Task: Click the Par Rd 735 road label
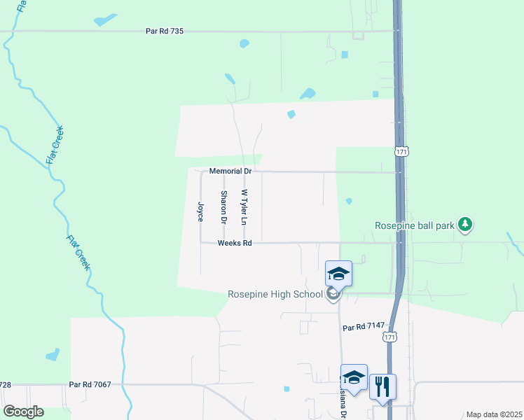[165, 31]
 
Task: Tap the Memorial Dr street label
[230, 171]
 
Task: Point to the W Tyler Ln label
[244, 207]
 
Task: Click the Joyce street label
[200, 212]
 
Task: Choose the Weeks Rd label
[234, 243]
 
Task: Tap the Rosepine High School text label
[275, 294]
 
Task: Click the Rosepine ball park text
[414, 225]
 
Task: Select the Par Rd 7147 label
[364, 327]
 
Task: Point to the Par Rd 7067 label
[90, 384]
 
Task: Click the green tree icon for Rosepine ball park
[464, 224]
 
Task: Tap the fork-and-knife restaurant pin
[382, 386]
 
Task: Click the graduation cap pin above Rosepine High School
[338, 274]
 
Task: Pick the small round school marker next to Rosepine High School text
[333, 294]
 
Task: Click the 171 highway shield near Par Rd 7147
[389, 337]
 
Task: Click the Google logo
[23, 412]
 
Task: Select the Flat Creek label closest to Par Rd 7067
[78, 253]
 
